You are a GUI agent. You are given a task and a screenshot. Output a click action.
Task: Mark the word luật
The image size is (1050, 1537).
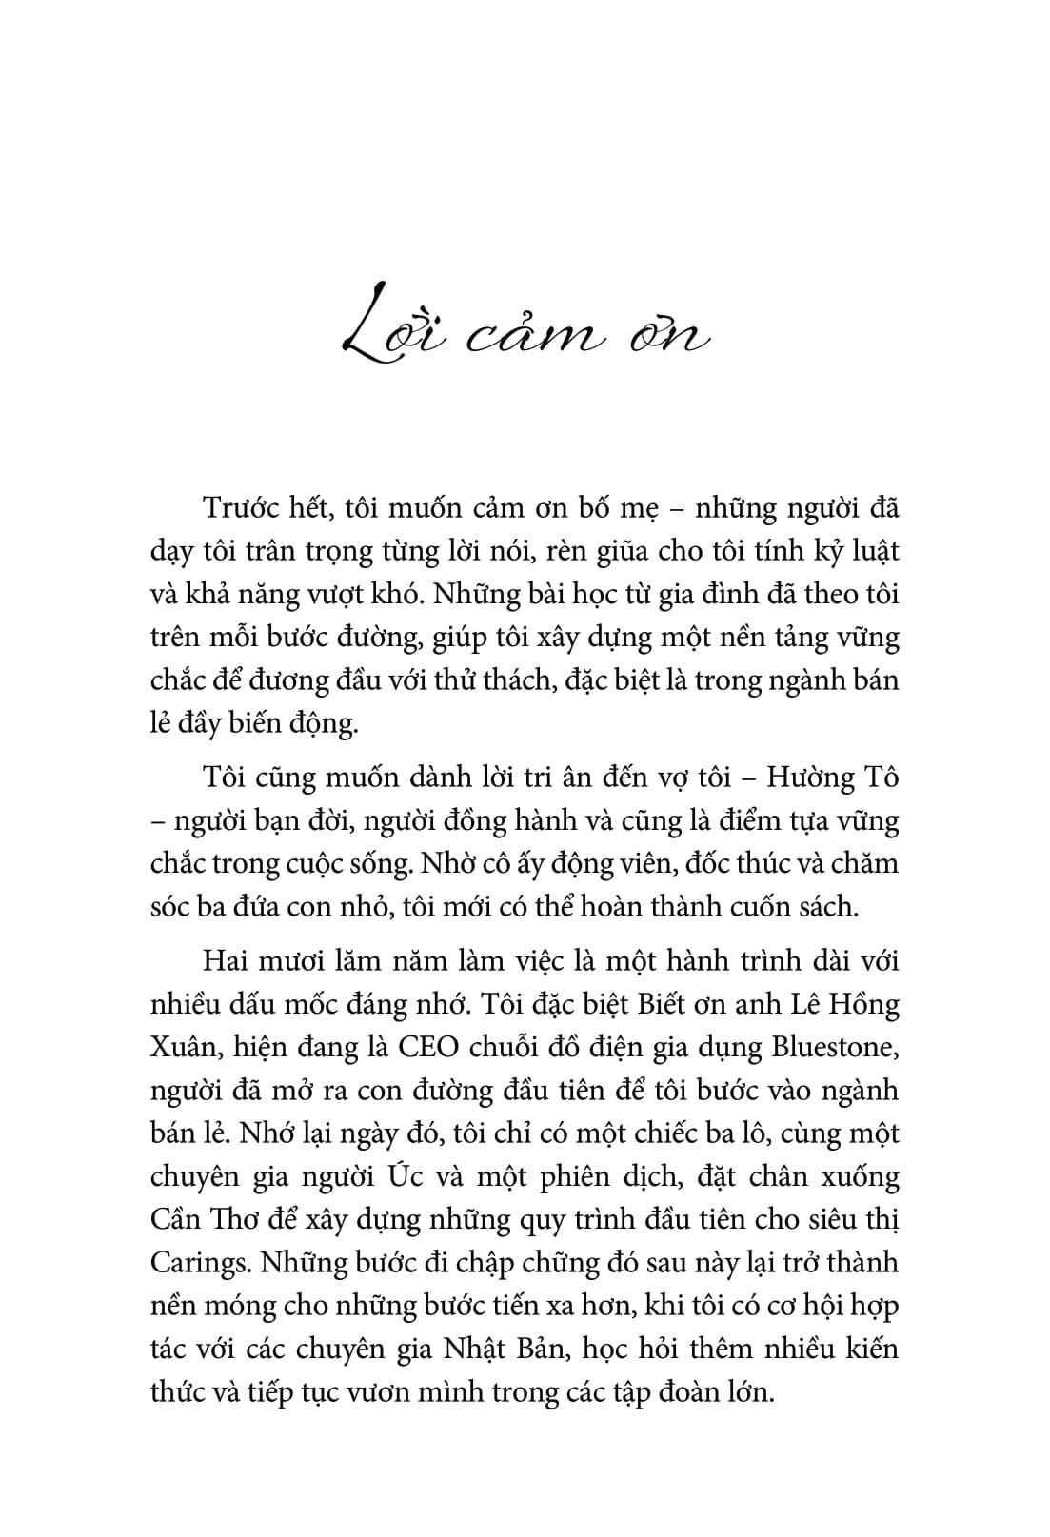point(872,551)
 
